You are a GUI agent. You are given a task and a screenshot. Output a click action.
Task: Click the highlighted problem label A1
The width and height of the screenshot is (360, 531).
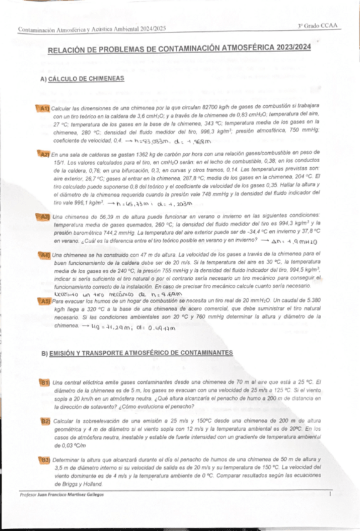44,108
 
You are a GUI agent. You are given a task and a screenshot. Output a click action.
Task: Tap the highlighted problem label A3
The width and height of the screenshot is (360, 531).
44,216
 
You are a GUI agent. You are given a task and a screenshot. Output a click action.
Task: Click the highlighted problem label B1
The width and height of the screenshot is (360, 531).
45,382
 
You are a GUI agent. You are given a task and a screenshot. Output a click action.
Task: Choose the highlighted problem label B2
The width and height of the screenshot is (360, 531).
45,421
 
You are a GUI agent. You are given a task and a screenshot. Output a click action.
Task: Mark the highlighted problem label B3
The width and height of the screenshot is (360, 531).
45,460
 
